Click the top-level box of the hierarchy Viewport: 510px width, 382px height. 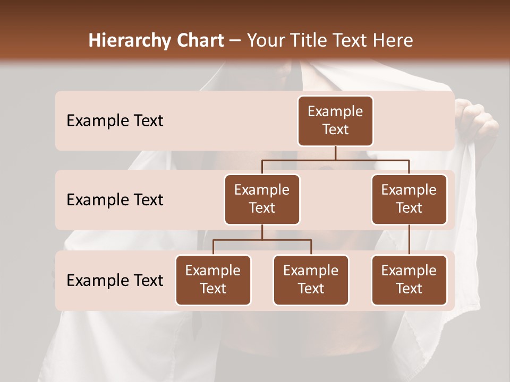[335, 121]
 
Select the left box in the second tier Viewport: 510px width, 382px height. [262, 199]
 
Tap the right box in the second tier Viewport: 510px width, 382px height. [409, 199]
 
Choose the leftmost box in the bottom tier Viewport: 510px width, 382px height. [213, 280]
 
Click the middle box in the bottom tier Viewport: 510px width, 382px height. [311, 280]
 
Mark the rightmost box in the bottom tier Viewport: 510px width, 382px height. [409, 280]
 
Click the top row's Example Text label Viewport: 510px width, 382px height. [115, 121]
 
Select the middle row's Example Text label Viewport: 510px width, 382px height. [115, 200]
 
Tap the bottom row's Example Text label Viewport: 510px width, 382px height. [115, 281]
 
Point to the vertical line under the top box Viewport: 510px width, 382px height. [335, 153]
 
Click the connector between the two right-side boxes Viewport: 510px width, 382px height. [409, 240]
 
